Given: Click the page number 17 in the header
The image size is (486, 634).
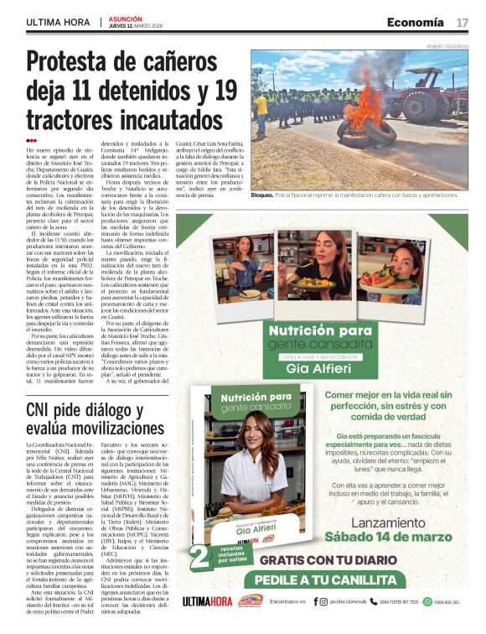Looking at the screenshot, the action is coord(463,23).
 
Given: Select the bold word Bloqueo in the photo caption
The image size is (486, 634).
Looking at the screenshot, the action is coord(263,195).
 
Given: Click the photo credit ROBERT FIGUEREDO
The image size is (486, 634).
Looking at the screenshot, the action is coord(448,46).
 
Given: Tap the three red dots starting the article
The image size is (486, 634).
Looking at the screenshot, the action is coord(32,141).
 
